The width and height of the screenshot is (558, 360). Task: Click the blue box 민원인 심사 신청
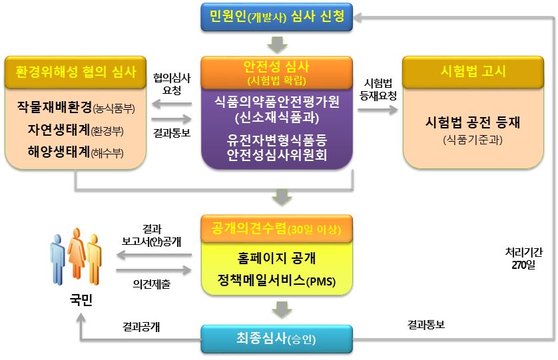277,17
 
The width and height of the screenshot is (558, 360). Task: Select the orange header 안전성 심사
276,73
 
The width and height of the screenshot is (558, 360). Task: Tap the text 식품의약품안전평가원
276,104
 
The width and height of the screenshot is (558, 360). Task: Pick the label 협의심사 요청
172,83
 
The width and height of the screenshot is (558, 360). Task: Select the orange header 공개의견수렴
276,230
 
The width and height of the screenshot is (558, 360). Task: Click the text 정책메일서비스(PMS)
276,281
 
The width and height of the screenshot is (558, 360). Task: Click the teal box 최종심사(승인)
276,339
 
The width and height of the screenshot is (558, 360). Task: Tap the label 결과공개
141,327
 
